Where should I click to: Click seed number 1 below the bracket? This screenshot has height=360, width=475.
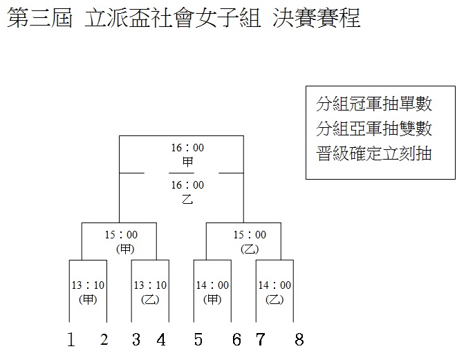(x=71, y=339)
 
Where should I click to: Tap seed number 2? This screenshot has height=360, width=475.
(x=104, y=339)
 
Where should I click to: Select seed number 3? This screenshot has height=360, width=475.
(x=136, y=339)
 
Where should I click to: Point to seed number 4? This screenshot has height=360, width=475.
(x=161, y=339)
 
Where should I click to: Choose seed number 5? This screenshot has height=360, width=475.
(x=198, y=339)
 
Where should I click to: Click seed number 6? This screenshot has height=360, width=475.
(x=236, y=339)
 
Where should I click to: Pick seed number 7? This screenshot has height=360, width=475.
(x=261, y=339)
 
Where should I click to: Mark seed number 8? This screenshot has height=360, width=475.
(x=299, y=339)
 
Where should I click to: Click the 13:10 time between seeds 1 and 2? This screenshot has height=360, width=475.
(x=88, y=285)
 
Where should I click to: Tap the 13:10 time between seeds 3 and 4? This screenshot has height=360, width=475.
(x=150, y=285)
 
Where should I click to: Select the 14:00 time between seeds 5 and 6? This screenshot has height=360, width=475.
(x=212, y=285)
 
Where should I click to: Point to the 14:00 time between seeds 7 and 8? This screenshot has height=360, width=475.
(x=274, y=285)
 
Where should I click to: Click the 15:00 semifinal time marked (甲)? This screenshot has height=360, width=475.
(x=121, y=235)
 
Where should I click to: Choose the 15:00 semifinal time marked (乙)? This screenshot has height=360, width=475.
(x=250, y=235)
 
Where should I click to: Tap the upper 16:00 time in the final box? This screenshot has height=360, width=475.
(x=187, y=148)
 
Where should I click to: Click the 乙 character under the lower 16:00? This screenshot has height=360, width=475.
(x=187, y=199)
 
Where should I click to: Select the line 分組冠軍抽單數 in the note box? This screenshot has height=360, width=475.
(x=374, y=104)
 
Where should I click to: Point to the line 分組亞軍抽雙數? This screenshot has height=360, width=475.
(x=374, y=129)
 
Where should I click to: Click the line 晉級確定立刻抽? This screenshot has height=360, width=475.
(x=374, y=153)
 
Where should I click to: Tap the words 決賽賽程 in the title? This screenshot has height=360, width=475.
(x=316, y=18)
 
